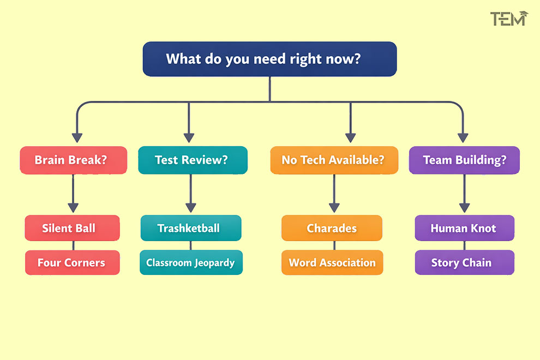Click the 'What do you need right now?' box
click(x=269, y=59)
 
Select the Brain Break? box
click(x=73, y=160)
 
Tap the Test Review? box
click(x=193, y=160)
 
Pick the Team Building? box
click(x=464, y=160)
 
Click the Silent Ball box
click(x=72, y=228)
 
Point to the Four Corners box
click(x=72, y=262)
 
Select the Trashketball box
click(x=191, y=228)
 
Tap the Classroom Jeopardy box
click(x=191, y=262)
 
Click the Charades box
click(x=332, y=228)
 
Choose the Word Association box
click(x=332, y=262)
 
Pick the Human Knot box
click(x=464, y=228)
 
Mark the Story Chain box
click(x=464, y=262)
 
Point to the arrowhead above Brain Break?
click(x=77, y=137)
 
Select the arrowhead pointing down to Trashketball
click(x=190, y=207)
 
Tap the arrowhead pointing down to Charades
click(x=334, y=207)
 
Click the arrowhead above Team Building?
click(x=463, y=137)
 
